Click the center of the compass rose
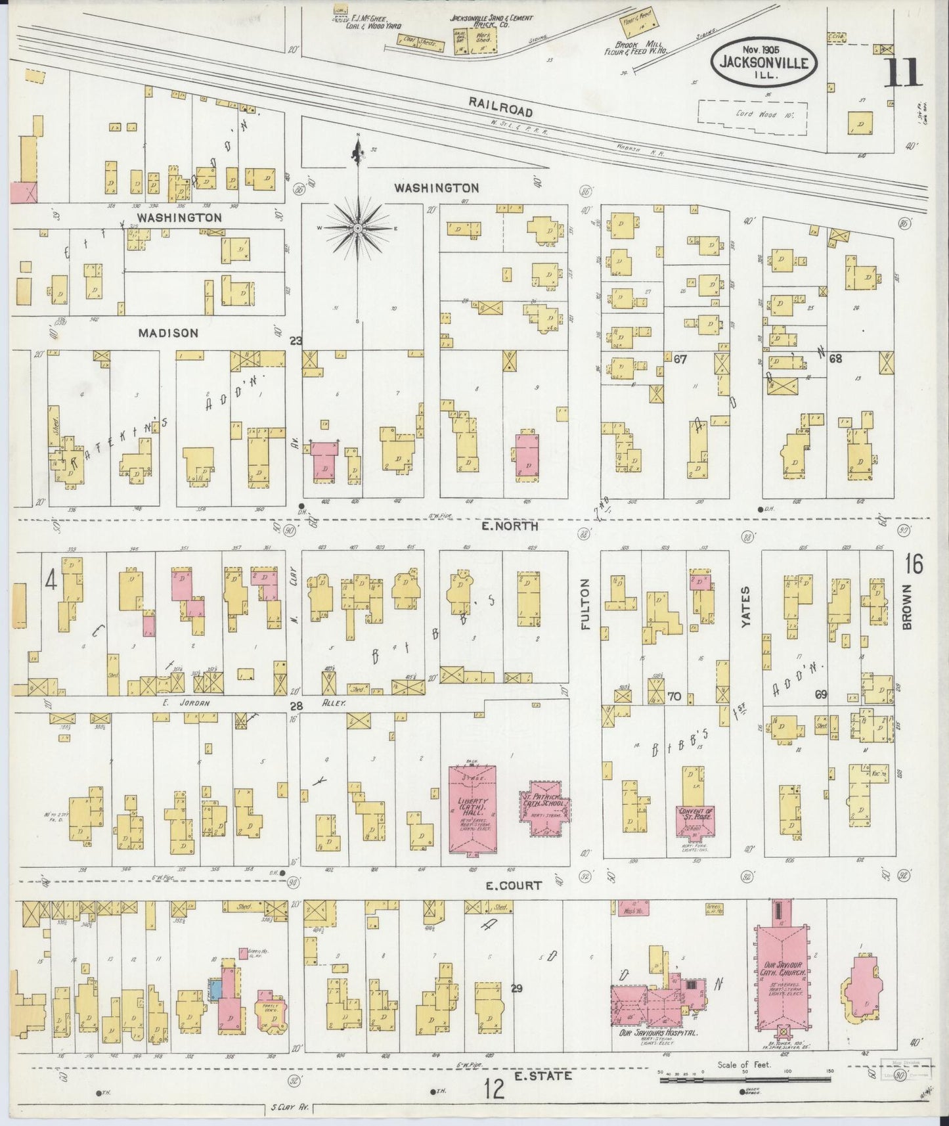tap(358, 228)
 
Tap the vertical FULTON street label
tap(586, 604)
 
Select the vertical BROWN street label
tap(908, 607)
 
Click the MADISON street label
tap(168, 333)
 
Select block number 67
tap(680, 359)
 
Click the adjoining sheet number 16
tap(913, 564)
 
